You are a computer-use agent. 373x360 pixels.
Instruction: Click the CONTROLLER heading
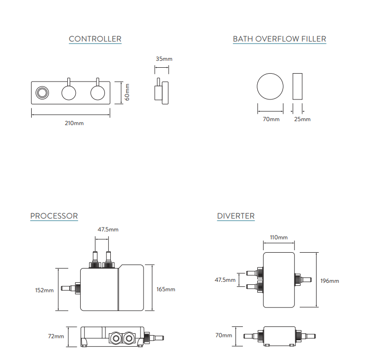95,39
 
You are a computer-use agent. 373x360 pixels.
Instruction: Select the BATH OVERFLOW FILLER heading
280,39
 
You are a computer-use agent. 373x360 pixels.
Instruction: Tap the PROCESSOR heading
54,216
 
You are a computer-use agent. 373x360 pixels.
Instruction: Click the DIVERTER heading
236,216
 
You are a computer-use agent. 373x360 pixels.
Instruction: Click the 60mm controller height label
127,92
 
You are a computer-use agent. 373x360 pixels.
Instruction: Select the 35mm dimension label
164,59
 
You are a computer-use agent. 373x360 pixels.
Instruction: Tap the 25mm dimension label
303,119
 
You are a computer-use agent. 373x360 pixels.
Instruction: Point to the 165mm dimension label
166,289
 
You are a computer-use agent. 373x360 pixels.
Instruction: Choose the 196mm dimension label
330,281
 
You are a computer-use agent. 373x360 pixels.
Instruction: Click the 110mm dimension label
279,238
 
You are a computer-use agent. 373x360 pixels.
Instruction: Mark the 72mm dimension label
55,336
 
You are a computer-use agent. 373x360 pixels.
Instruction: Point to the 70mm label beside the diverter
224,335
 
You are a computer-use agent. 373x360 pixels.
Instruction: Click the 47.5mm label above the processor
108,229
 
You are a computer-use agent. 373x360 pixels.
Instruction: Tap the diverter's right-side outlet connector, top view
302,280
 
